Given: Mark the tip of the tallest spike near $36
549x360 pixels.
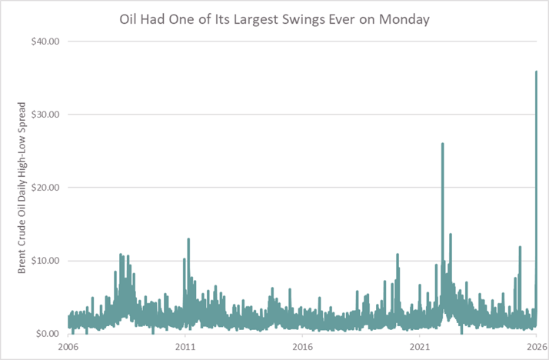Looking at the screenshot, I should (536, 72).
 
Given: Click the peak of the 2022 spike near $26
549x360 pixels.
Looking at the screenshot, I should (442, 143).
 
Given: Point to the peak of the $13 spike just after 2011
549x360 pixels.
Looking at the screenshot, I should (188, 238).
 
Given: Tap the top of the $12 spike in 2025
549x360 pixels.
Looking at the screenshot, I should (520, 247).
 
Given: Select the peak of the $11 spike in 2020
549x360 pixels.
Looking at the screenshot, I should (398, 254).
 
